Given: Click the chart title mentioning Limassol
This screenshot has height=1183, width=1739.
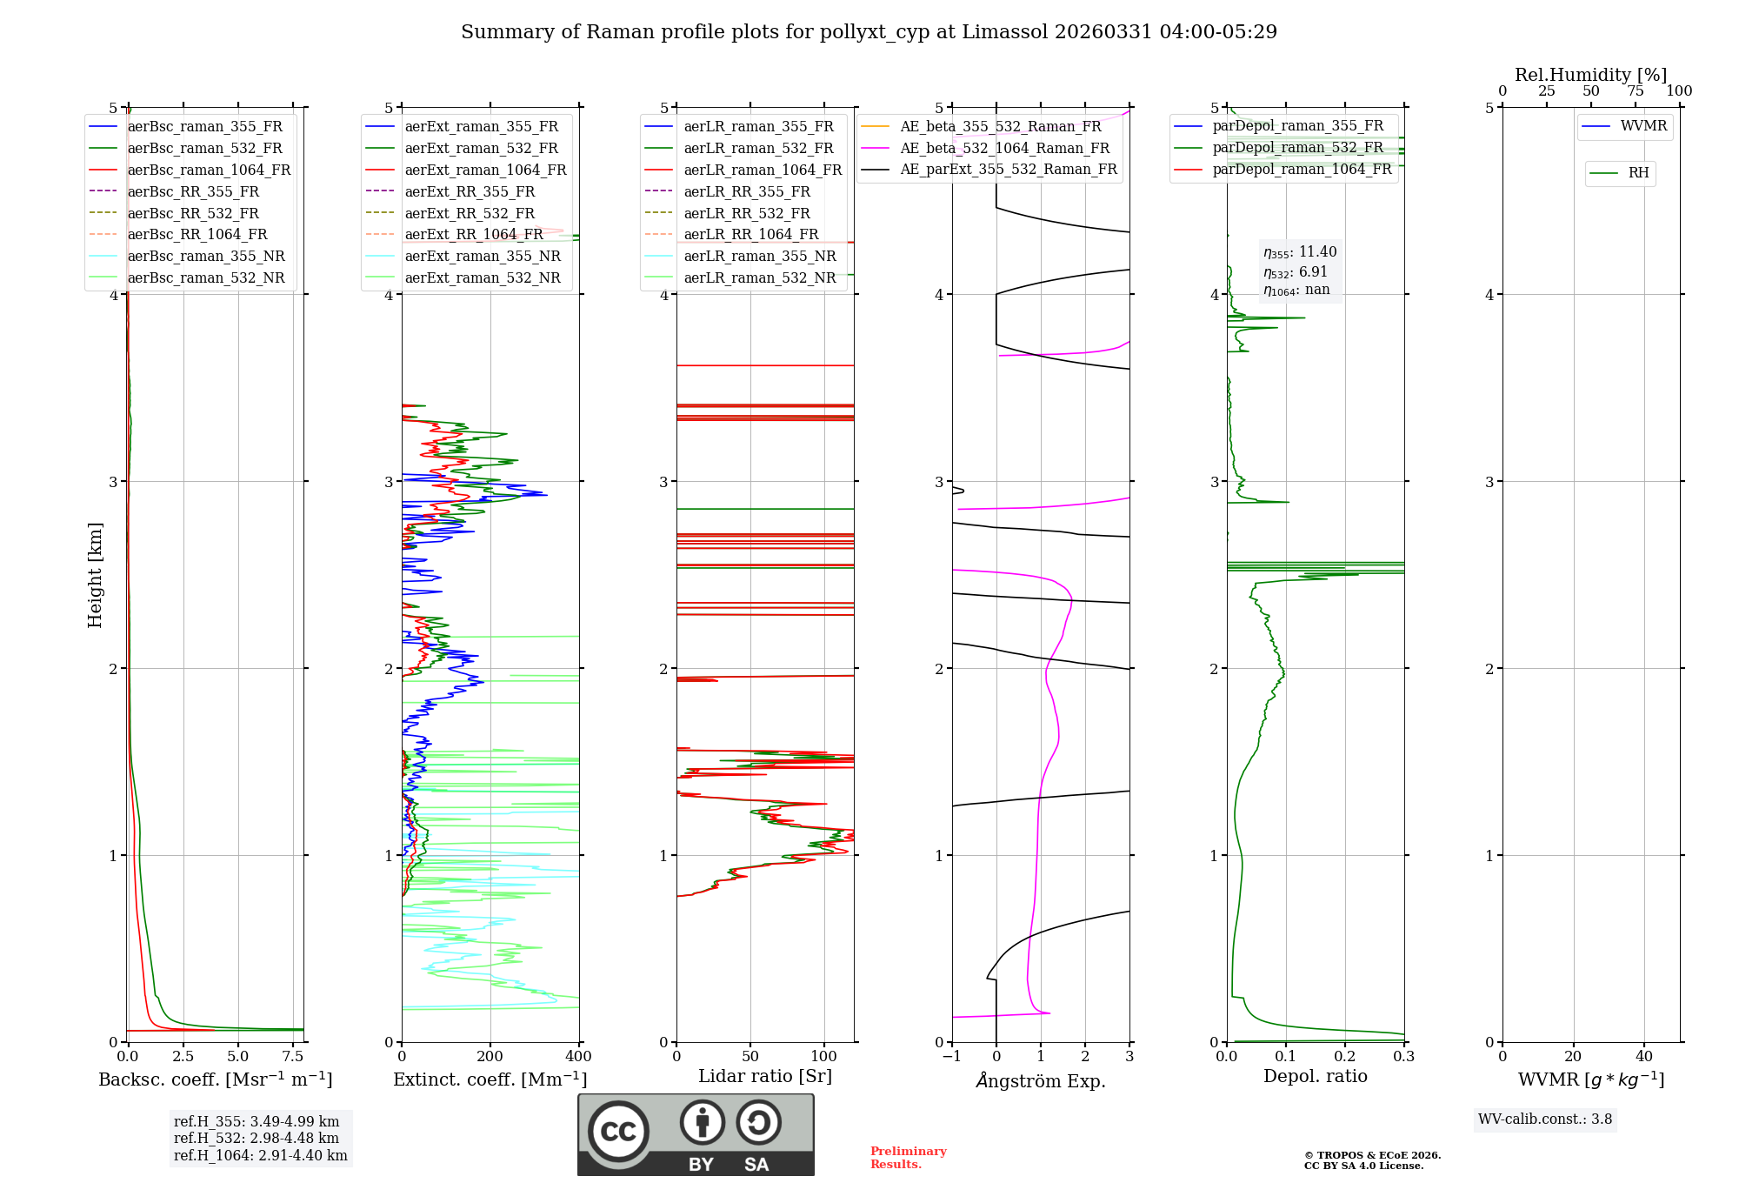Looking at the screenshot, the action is click(x=869, y=32).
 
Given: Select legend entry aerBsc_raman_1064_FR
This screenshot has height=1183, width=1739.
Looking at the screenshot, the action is click(x=190, y=170).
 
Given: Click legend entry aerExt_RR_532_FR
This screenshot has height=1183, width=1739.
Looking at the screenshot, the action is click(x=450, y=213).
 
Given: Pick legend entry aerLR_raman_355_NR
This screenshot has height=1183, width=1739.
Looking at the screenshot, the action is click(x=740, y=256).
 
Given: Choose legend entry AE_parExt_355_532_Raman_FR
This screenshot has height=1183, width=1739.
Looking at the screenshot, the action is click(x=989, y=169).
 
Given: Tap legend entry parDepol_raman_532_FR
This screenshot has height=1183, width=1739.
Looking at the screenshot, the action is click(x=1279, y=147).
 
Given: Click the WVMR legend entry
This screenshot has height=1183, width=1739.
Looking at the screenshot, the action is click(x=1625, y=126).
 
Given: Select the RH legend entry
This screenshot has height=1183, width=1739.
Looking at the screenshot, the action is click(x=1620, y=173).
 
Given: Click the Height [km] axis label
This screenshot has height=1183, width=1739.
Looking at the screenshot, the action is click(x=95, y=575).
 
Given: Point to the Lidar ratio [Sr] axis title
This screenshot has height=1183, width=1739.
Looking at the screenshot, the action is click(x=765, y=1076).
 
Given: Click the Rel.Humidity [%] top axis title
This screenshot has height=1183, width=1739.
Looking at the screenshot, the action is click(x=1591, y=75).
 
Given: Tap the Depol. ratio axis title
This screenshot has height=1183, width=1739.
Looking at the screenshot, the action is click(x=1316, y=1076).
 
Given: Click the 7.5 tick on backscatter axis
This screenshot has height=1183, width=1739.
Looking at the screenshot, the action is click(x=293, y=1056).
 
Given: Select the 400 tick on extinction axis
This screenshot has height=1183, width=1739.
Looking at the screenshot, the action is click(x=579, y=1056).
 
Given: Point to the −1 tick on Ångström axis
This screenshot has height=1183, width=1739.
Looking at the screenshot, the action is click(x=952, y=1056).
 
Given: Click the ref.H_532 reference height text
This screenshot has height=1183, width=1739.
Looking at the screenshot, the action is click(x=257, y=1138).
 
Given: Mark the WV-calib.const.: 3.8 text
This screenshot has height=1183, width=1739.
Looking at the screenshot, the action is click(x=1545, y=1120).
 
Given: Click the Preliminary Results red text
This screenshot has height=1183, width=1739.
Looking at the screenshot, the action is click(x=909, y=1158).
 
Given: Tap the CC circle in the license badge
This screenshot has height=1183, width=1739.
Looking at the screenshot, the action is click(x=618, y=1132).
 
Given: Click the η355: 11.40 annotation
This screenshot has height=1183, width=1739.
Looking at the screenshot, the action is click(x=1300, y=252).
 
